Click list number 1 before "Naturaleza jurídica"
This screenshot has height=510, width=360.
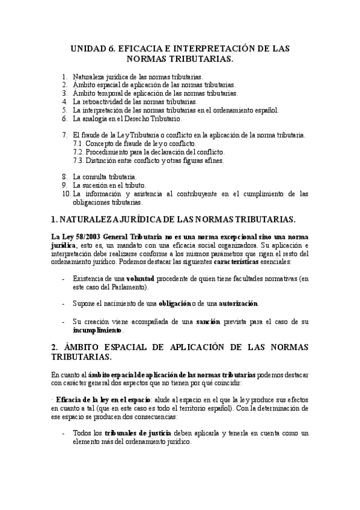click(65, 77)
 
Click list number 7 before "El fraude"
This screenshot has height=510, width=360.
click(65, 135)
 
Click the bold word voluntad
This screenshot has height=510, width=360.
click(140, 278)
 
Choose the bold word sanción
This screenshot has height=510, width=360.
click(210, 322)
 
